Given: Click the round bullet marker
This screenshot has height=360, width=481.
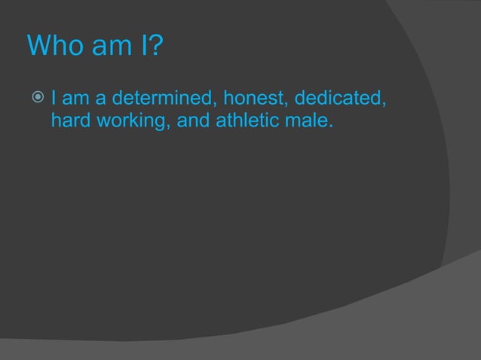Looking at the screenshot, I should pyautogui.click(x=39, y=98).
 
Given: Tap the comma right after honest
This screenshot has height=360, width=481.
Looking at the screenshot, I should pyautogui.click(x=285, y=105).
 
